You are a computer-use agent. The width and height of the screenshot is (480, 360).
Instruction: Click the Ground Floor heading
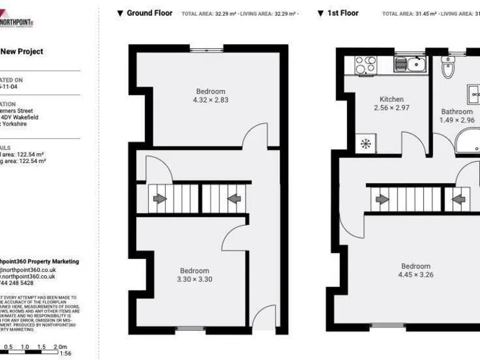(149, 13)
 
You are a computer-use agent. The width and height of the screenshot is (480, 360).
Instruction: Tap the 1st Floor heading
(343, 13)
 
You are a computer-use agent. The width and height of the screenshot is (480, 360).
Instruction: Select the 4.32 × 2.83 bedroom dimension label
(210, 100)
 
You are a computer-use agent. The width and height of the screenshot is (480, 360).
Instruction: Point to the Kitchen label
(392, 99)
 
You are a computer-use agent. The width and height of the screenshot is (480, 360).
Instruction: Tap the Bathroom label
(456, 112)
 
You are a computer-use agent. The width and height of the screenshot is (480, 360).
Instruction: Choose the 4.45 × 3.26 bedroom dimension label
(416, 274)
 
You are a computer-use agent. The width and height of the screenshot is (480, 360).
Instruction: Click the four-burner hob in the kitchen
(365, 63)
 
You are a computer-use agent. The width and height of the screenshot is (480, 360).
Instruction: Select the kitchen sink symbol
(413, 63)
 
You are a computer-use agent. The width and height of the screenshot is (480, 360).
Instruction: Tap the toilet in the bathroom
(448, 66)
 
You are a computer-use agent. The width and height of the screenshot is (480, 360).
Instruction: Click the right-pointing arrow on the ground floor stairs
(160, 199)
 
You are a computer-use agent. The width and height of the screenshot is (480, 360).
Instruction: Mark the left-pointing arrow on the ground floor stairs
(234, 199)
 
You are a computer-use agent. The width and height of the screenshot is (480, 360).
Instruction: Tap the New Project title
(22, 52)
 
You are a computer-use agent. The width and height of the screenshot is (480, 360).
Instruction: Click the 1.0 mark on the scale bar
(25, 346)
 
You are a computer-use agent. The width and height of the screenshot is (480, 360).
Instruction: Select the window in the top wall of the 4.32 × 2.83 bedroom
(207, 49)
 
